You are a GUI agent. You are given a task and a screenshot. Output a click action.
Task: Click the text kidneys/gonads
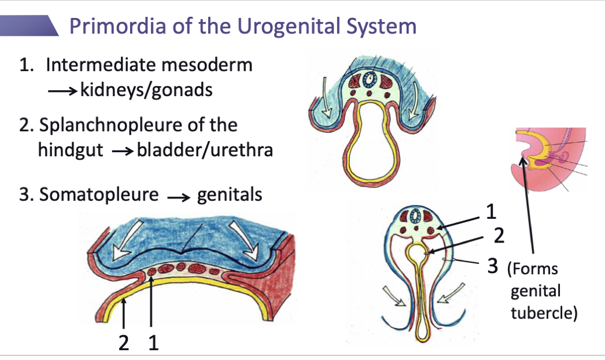[x=146, y=90]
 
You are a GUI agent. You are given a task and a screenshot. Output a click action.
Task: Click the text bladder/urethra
[x=205, y=150]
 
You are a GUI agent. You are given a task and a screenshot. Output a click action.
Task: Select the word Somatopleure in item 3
[x=99, y=194]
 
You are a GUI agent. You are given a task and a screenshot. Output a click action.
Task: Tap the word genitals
[x=230, y=194]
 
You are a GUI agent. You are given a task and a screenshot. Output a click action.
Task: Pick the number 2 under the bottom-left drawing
[x=124, y=343]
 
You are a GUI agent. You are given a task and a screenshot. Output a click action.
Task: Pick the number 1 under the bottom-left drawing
[x=153, y=343]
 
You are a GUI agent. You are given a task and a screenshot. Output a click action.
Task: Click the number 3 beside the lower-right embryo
[x=492, y=266]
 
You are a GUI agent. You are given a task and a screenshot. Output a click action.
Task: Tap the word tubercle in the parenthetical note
[x=544, y=313]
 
